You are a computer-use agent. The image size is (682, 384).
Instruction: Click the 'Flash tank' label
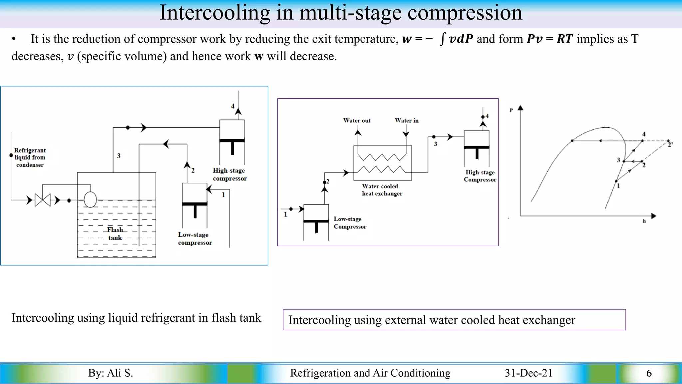[x=115, y=234]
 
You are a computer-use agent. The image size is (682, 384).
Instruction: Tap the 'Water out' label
[x=357, y=120]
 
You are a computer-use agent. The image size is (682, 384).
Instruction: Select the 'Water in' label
[x=406, y=120]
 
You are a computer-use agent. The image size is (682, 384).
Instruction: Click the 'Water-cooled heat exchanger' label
[x=382, y=190]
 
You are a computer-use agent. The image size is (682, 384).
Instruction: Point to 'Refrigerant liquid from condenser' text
[x=30, y=157]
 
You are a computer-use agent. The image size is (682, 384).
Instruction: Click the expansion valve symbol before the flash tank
[x=43, y=200]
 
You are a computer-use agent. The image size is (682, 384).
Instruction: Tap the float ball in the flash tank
[x=90, y=200]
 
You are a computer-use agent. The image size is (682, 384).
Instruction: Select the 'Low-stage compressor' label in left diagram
[x=195, y=239]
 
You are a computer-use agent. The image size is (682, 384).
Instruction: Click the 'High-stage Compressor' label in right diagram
[x=480, y=176]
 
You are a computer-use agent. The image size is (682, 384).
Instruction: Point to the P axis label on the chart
[x=511, y=110]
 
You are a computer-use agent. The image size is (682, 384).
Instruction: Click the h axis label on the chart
[x=644, y=221]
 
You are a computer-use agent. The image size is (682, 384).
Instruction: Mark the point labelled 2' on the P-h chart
[x=668, y=141]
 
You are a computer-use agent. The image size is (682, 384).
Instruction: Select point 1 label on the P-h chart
[x=618, y=186]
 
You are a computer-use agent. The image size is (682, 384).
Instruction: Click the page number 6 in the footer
[x=649, y=373]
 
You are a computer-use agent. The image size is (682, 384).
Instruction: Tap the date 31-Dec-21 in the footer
[x=528, y=373]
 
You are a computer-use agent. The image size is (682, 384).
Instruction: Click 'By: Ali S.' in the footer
[x=111, y=373]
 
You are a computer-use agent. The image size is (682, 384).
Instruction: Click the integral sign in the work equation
[x=442, y=39]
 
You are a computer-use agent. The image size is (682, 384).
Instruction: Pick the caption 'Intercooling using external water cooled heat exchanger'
[x=432, y=320]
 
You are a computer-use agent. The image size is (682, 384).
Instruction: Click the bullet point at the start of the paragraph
[x=14, y=39]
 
